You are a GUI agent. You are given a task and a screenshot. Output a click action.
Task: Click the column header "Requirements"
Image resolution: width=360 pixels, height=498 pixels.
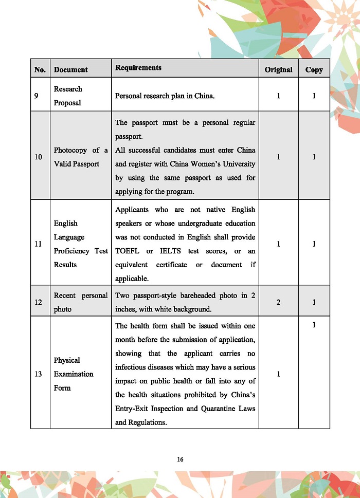(138, 68)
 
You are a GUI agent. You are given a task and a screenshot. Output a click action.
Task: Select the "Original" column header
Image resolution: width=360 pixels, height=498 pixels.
(278, 70)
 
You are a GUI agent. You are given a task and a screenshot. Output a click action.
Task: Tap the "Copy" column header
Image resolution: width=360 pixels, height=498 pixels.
(314, 70)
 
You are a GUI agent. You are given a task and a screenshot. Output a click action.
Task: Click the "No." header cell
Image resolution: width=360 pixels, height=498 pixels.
(40, 70)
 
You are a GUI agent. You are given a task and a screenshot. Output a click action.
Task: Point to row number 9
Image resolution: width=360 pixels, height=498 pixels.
(38, 96)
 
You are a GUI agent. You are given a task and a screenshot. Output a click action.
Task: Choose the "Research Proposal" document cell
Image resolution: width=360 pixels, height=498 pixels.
(68, 96)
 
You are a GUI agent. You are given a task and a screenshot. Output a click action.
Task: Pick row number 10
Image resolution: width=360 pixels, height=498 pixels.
(38, 157)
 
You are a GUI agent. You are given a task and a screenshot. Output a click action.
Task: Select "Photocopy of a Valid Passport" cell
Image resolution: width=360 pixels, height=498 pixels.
(81, 157)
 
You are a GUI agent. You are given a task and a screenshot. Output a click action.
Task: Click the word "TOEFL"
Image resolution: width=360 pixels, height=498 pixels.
(128, 251)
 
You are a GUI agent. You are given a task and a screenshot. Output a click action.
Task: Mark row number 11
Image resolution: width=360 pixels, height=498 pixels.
(38, 244)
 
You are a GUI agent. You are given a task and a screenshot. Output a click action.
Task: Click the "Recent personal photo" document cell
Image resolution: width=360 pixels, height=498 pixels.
(81, 302)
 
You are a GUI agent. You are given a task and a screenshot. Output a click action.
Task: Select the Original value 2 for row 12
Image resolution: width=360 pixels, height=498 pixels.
(278, 302)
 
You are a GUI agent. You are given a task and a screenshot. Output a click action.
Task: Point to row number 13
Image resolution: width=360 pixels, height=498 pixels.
(38, 374)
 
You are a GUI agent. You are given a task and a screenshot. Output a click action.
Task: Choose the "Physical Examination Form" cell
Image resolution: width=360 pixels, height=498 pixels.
(74, 374)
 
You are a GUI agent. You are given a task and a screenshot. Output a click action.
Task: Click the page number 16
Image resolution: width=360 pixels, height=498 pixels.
(180, 459)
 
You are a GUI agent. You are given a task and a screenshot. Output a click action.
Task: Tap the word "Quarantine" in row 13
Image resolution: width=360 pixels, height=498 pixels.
(206, 409)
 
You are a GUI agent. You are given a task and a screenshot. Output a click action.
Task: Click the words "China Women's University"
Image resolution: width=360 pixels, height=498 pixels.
(194, 164)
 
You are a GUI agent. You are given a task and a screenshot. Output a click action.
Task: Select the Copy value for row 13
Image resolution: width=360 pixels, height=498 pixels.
(314, 325)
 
